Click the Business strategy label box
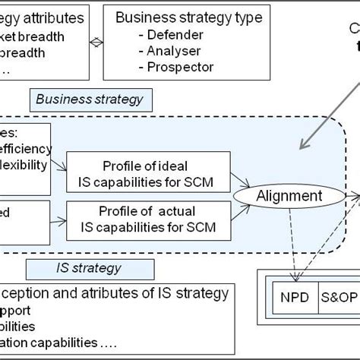(x=90, y=99)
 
